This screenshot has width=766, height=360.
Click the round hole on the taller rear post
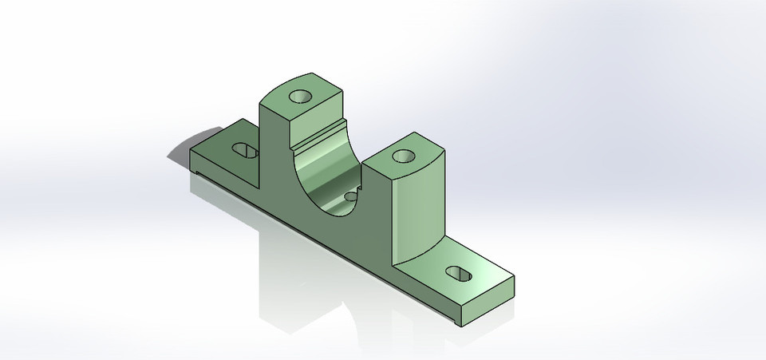301,97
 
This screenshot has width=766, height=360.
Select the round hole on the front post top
404,156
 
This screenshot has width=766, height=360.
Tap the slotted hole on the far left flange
244,150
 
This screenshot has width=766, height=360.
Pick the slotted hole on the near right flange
459,273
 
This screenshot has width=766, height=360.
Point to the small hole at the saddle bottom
350,194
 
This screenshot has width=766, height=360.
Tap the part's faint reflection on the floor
303,287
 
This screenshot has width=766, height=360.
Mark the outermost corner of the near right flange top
514,278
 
